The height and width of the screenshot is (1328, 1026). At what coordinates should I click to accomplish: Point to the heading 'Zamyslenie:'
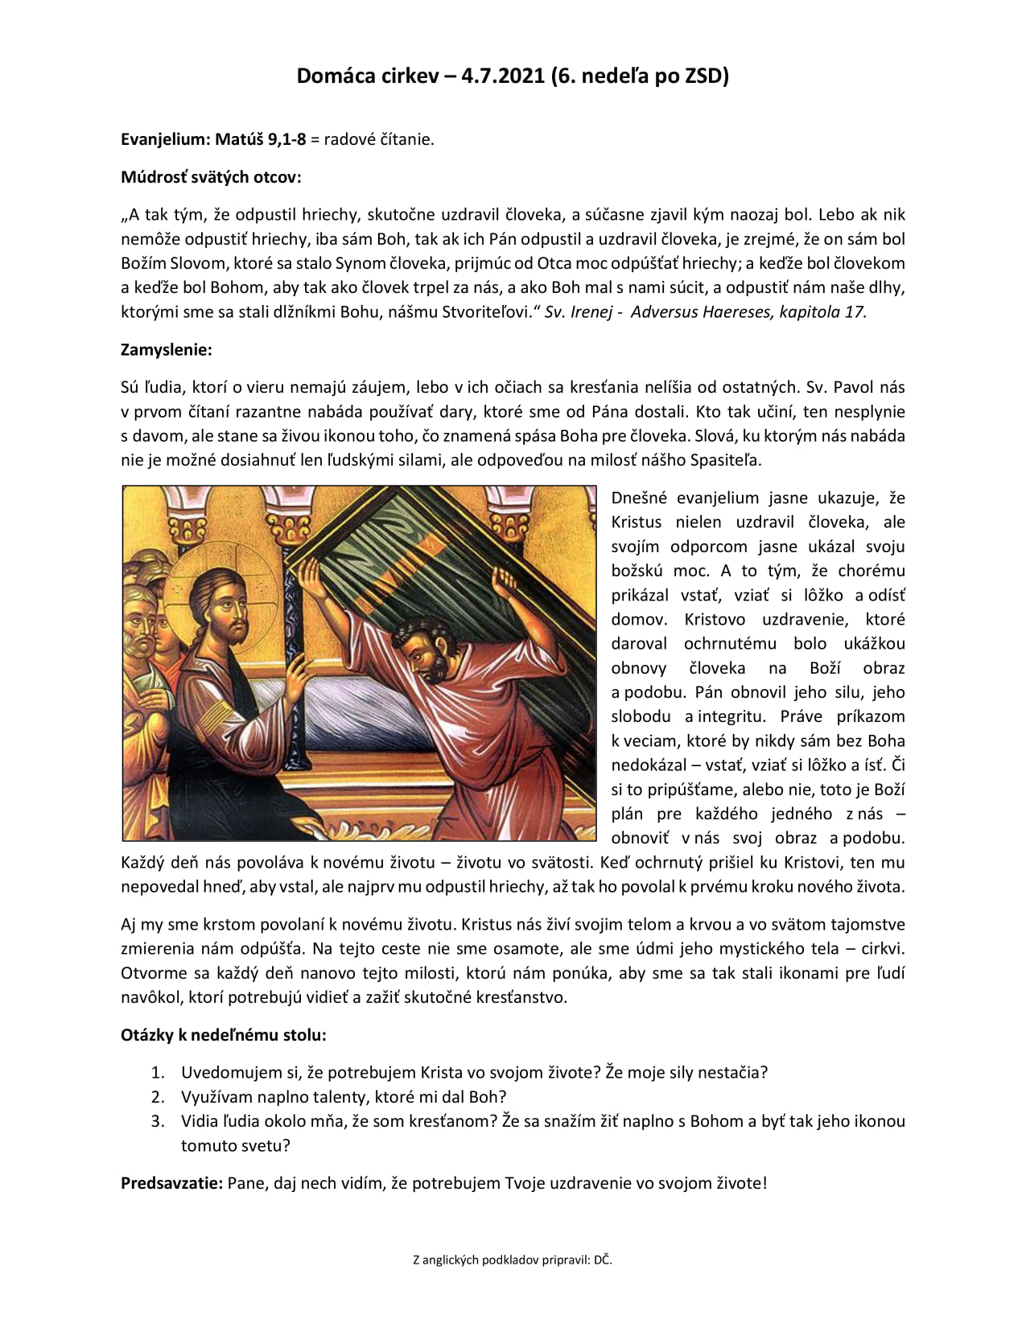[x=167, y=349]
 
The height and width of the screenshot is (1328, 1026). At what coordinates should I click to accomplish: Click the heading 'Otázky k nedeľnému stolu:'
[x=224, y=1034]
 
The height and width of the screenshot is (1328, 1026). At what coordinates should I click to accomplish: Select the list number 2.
[x=158, y=1097]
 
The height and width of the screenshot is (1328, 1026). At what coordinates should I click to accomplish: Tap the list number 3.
[x=158, y=1121]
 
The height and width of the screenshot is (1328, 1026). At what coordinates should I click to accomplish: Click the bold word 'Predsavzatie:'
[x=171, y=1183]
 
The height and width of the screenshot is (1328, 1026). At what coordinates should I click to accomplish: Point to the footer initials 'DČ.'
[x=603, y=1260]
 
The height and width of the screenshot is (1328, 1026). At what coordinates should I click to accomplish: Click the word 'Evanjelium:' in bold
[x=165, y=139]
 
